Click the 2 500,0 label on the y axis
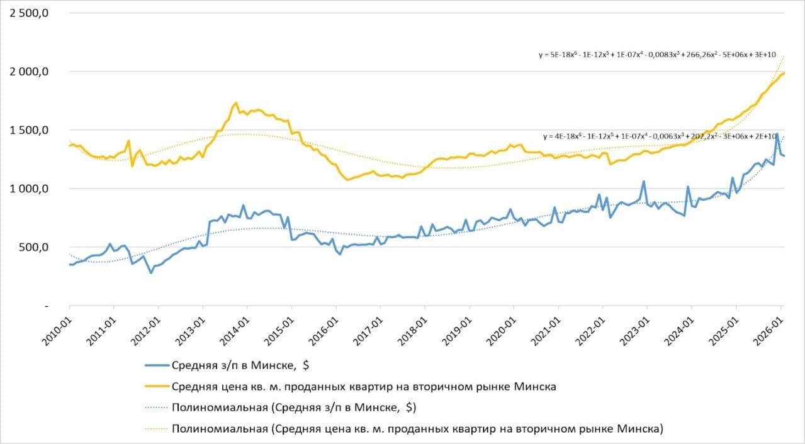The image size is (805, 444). point(29,13)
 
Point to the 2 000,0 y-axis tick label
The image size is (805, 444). point(29,72)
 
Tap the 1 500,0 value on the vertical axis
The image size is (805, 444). point(29,130)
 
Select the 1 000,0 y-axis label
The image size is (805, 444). point(29,189)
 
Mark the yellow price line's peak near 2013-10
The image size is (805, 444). point(235,103)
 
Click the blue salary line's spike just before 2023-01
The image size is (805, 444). point(643,182)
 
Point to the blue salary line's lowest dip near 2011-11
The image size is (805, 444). point(151,272)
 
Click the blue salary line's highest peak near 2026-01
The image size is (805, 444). point(777,133)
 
